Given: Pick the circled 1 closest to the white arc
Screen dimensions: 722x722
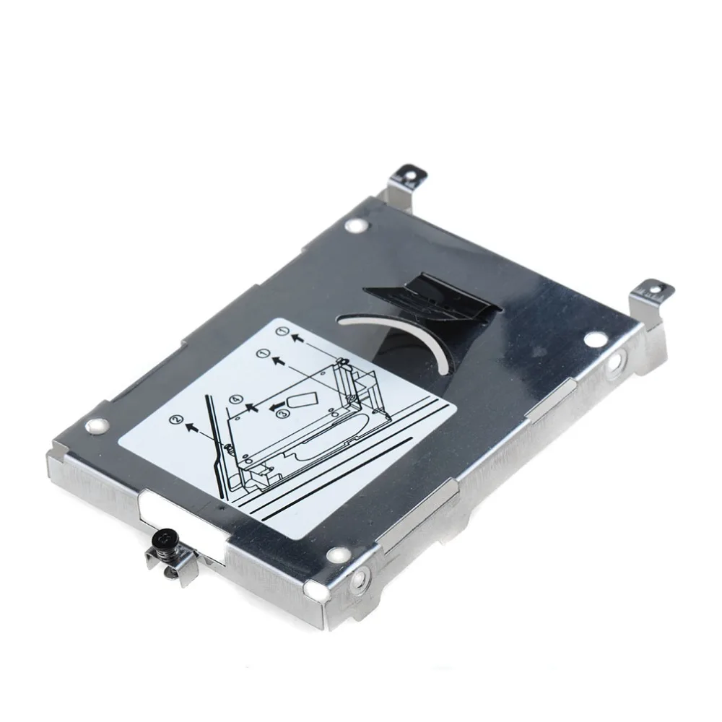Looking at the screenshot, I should tap(284, 331).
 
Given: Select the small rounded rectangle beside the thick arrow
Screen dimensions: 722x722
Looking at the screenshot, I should tap(302, 399).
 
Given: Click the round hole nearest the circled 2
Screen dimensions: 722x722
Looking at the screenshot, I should tap(94, 425).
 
